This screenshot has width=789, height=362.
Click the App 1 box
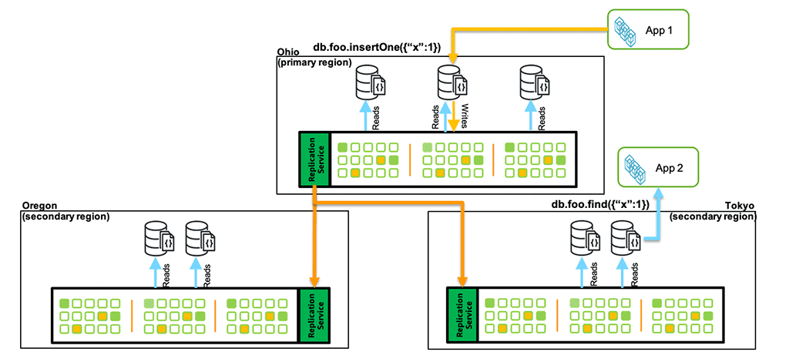pyautogui.click(x=646, y=30)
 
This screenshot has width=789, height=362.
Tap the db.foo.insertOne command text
pyautogui.click(x=377, y=49)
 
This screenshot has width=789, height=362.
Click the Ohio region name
pyautogui.click(x=287, y=52)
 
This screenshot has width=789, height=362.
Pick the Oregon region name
pyautogui.click(x=39, y=206)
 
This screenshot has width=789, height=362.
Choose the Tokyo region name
pyautogui.click(x=740, y=206)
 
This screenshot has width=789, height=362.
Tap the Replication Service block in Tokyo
pyautogui.click(x=462, y=313)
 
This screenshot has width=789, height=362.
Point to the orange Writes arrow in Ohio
pyautogui.click(x=455, y=117)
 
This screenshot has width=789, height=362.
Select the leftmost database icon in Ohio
pyautogui.click(x=370, y=83)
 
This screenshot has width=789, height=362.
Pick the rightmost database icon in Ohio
pyautogui.click(x=535, y=83)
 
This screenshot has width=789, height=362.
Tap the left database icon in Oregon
pyautogui.click(x=157, y=237)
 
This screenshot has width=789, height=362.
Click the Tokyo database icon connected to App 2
pyautogui.click(x=625, y=236)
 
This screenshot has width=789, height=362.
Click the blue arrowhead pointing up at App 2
pyautogui.click(x=658, y=193)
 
